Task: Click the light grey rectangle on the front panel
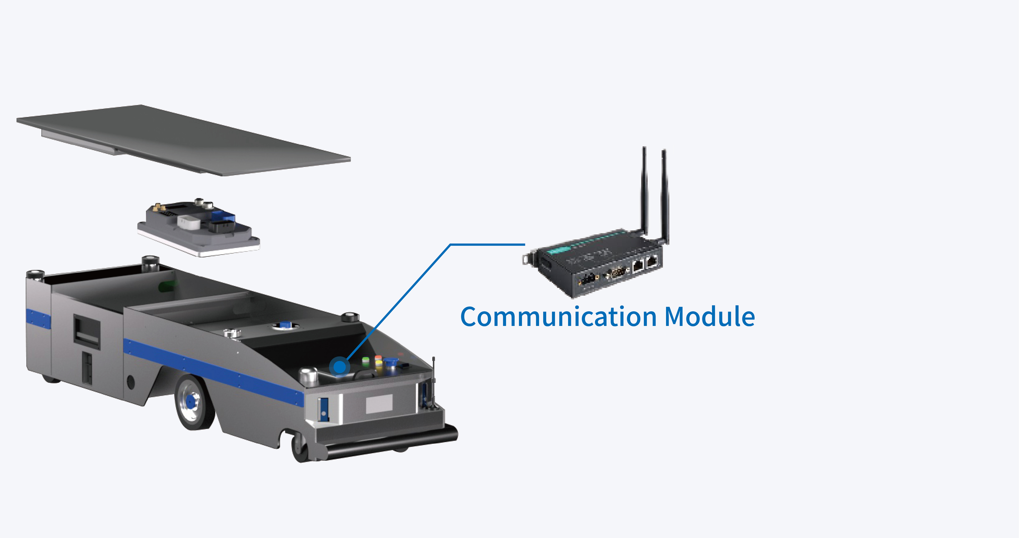point(379,403)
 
